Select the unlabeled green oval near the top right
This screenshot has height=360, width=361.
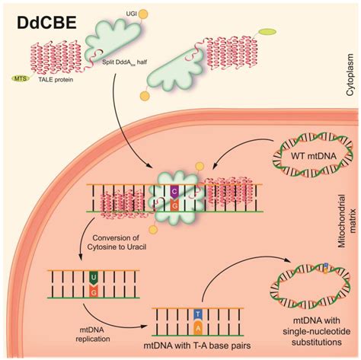[x=267, y=32]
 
